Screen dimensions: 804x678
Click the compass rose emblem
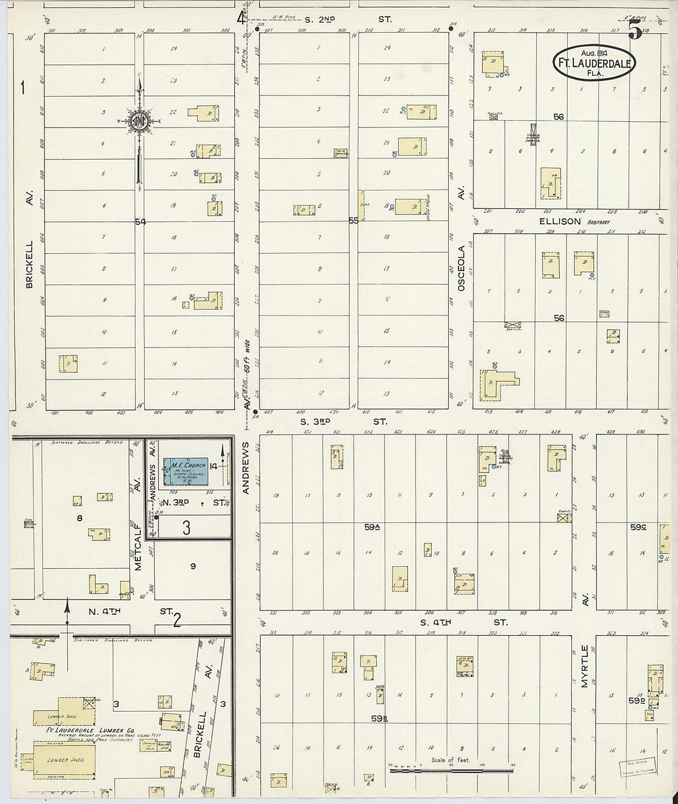pyautogui.click(x=140, y=120)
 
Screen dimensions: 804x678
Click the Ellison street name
pyautogui.click(x=560, y=221)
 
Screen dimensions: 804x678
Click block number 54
pyautogui.click(x=141, y=221)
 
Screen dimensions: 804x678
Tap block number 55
pyautogui.click(x=353, y=220)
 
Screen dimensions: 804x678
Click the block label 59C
pyautogui.click(x=637, y=527)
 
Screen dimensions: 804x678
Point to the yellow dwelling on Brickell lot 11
pyautogui.click(x=68, y=363)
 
